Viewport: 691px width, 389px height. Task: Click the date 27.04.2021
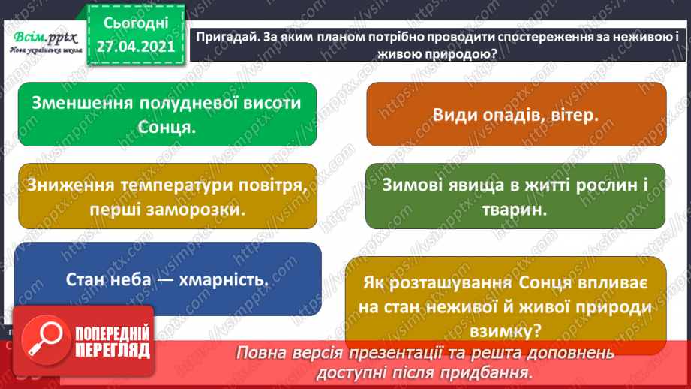click(135, 46)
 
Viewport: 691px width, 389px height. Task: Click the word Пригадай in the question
click(223, 38)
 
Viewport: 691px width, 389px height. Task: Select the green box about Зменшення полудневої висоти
click(167, 113)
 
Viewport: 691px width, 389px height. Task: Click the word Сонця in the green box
click(167, 127)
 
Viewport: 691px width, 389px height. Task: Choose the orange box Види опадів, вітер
click(515, 115)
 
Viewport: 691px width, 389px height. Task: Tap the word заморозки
click(202, 210)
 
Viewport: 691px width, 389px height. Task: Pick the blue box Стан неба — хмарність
click(167, 279)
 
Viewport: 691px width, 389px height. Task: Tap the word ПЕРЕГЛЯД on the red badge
click(113, 349)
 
